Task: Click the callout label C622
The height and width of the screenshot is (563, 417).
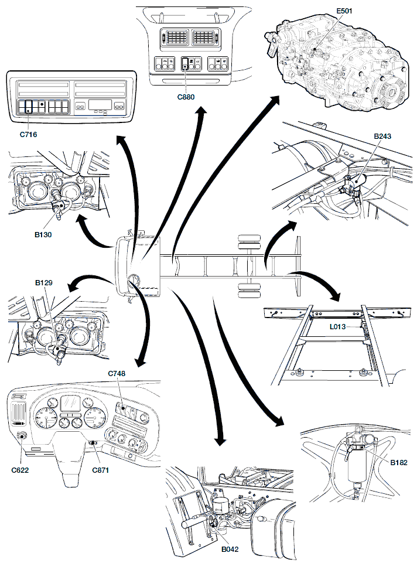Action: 20,469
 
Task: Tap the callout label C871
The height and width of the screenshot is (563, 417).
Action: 101,469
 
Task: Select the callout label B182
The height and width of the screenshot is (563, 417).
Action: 399,462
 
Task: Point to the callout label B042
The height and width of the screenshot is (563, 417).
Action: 230,550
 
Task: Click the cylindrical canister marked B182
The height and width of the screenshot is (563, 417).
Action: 357,467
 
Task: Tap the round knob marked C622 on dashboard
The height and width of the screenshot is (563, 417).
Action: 22,435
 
